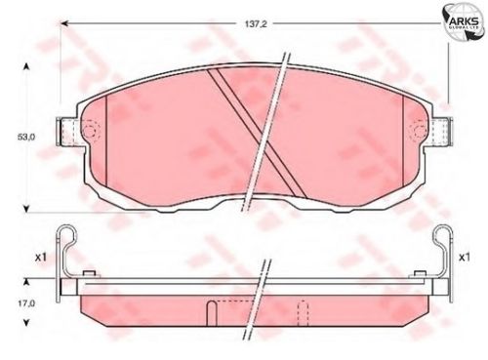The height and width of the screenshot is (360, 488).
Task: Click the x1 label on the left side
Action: [41, 258]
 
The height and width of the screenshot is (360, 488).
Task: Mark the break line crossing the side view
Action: [264, 293]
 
